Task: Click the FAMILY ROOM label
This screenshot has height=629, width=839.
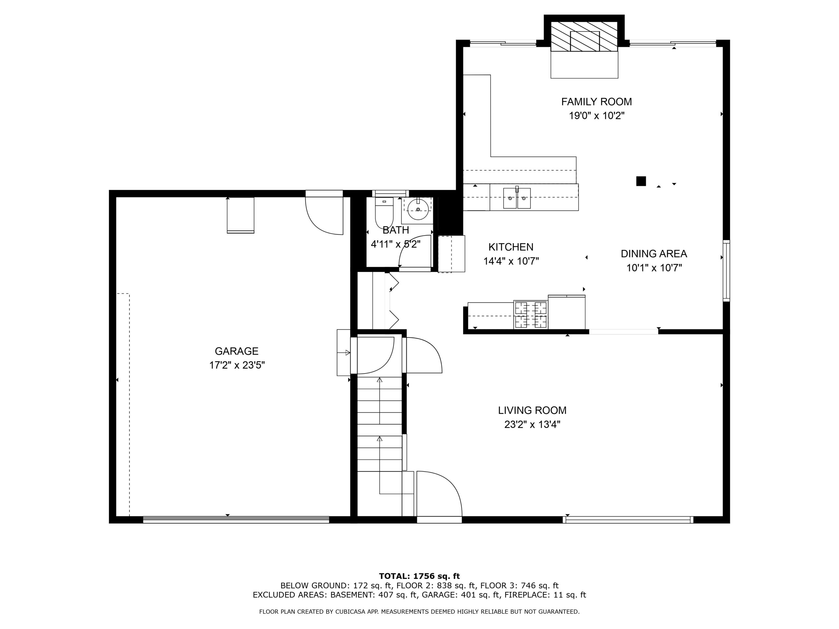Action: (x=596, y=102)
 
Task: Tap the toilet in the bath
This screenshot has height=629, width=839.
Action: (x=384, y=212)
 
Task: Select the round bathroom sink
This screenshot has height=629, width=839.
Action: (x=418, y=209)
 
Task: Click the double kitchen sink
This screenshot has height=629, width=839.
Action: (x=517, y=198)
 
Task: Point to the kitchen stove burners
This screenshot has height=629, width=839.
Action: (x=531, y=314)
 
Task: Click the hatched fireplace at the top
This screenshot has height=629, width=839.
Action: (x=584, y=36)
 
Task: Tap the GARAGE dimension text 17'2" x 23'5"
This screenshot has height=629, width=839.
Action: (x=237, y=365)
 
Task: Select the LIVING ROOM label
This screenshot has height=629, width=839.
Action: (x=532, y=410)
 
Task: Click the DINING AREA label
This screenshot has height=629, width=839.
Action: (x=654, y=254)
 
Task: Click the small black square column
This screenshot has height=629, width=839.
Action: (x=641, y=181)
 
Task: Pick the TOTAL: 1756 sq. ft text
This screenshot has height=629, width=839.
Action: (x=419, y=576)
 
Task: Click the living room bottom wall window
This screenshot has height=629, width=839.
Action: (x=628, y=520)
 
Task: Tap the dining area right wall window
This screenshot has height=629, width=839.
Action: (x=726, y=271)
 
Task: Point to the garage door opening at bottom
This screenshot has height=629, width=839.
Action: (x=236, y=520)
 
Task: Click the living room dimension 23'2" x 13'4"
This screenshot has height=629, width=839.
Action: (x=532, y=424)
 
